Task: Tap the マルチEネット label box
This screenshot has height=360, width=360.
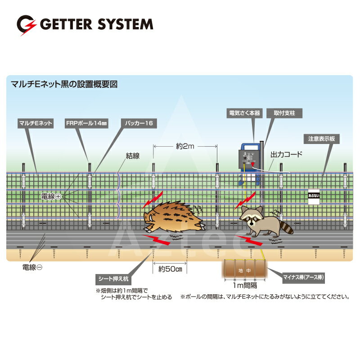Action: click(x=36, y=122)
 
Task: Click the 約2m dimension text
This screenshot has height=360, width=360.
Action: click(x=186, y=146)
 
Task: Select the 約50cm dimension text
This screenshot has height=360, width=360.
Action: click(x=170, y=270)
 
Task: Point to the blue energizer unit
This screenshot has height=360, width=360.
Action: click(x=248, y=160)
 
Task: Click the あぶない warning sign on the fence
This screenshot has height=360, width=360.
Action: click(x=313, y=197)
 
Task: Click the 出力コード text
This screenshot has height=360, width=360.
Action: click(x=286, y=154)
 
